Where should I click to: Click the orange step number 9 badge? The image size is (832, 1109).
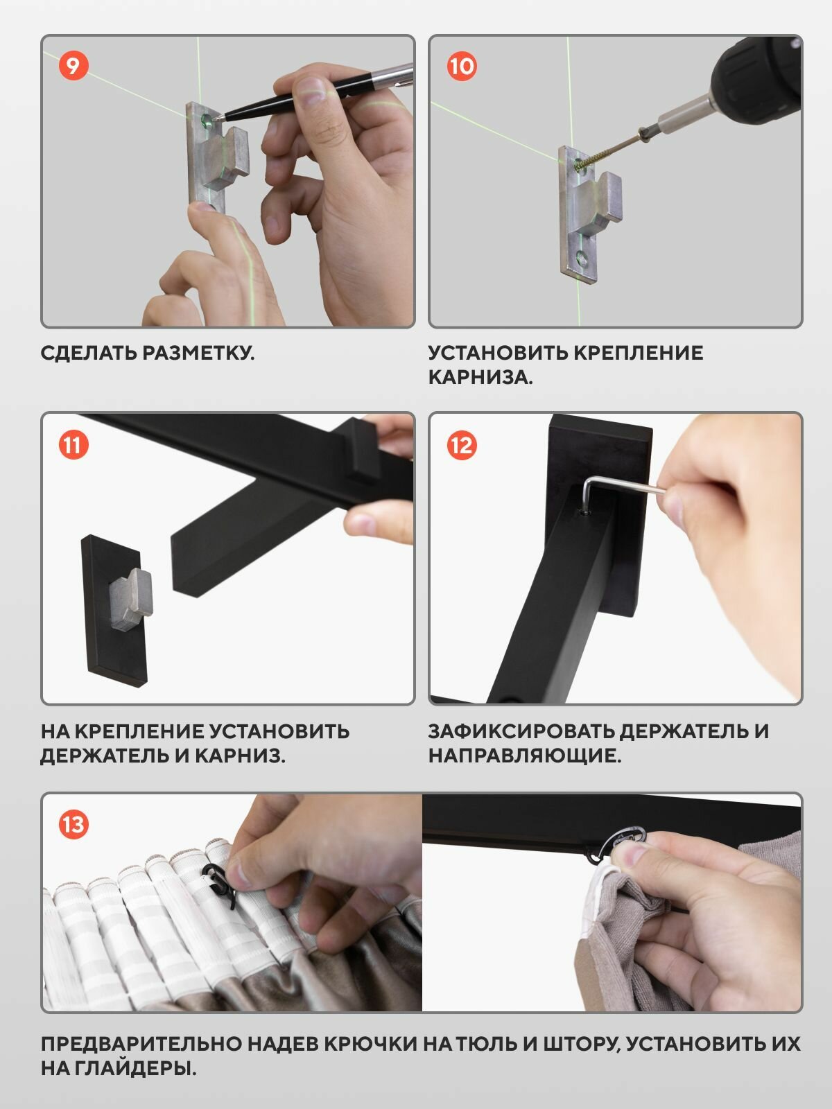[x=73, y=66]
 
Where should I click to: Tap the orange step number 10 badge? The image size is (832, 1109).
[x=462, y=66]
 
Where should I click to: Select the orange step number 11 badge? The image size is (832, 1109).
[x=73, y=444]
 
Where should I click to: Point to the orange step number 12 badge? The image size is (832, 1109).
[x=462, y=444]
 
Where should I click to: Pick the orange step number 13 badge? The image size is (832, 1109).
[x=73, y=824]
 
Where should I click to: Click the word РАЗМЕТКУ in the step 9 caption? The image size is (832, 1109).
[x=198, y=353]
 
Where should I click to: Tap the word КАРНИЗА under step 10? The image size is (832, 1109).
[x=480, y=378]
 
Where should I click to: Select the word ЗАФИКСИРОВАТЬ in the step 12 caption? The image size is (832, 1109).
[x=520, y=731]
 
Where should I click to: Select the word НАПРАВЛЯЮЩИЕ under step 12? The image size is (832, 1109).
[x=524, y=756]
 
